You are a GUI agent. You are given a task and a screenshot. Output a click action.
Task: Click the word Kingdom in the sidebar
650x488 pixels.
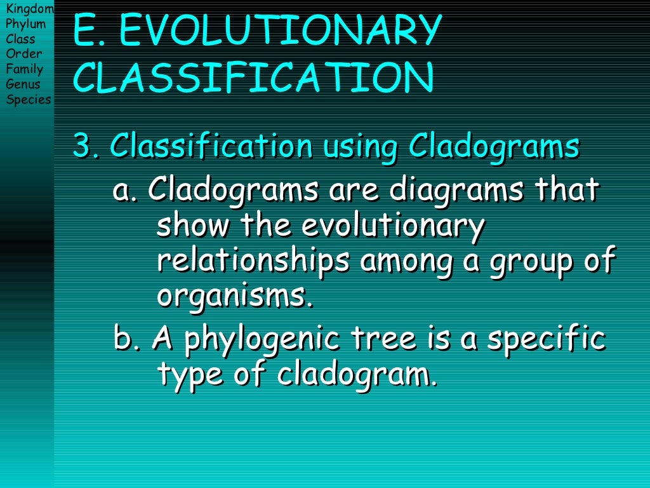[x=29, y=8]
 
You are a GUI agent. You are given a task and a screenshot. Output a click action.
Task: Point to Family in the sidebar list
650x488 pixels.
[x=25, y=69]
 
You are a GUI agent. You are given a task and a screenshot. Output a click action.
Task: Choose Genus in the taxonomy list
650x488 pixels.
[x=23, y=85]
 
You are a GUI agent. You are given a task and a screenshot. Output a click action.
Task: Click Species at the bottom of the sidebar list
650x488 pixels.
[x=29, y=99]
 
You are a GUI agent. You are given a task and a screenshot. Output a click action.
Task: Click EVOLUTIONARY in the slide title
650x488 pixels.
[x=279, y=30]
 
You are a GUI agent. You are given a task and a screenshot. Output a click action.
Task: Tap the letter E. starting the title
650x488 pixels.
[x=89, y=30]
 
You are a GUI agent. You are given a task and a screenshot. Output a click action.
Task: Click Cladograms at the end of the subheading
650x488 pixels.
[x=494, y=147]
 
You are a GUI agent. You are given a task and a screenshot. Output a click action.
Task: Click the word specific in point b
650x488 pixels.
[x=546, y=340]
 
